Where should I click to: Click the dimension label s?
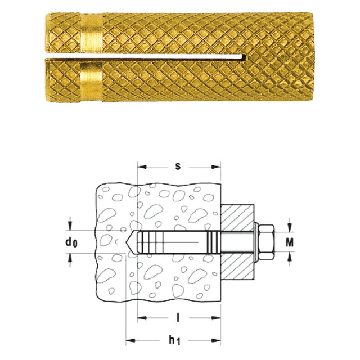point(178,166)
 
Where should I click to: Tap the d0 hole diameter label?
point(71,242)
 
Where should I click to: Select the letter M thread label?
point(290,242)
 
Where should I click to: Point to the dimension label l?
point(178,318)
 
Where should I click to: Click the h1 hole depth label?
point(174,340)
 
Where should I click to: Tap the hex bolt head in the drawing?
point(266,242)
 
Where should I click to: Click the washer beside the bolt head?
point(256,242)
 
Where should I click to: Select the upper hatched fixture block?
point(237,217)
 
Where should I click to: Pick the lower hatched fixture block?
point(237,266)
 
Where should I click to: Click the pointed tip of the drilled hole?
point(125,242)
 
